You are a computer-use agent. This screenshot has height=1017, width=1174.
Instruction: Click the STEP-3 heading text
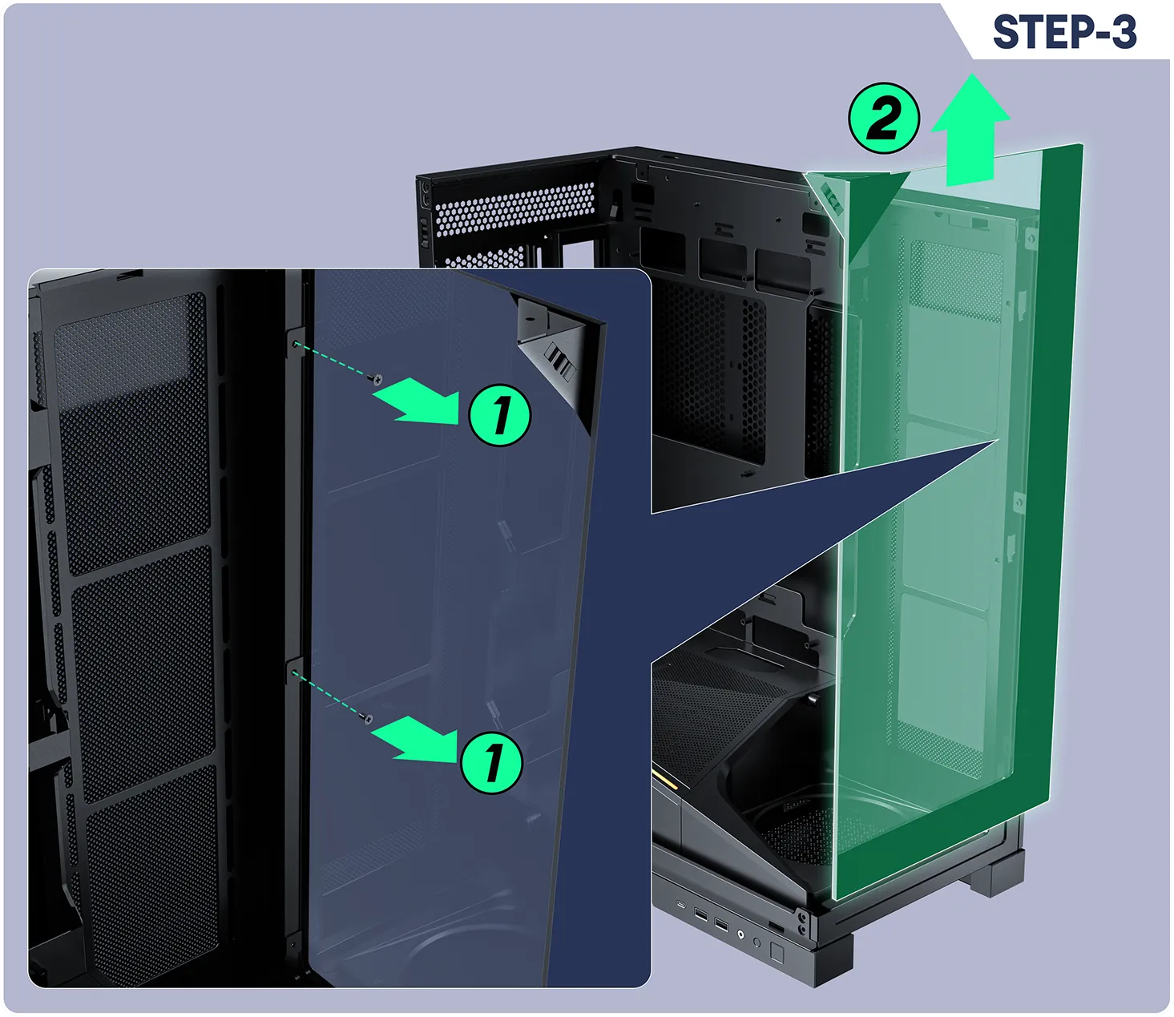[1064, 32]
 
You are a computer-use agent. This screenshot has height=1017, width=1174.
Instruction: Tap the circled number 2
[884, 118]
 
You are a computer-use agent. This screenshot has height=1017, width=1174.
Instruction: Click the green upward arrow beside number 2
[970, 130]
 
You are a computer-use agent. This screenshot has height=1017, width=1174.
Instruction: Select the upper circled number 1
[500, 415]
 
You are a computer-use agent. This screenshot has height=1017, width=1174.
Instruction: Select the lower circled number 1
[491, 762]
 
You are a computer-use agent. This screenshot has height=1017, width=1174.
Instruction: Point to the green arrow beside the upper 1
[418, 402]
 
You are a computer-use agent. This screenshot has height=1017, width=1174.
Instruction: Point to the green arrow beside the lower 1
[414, 739]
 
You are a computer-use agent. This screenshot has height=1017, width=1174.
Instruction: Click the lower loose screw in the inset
[368, 719]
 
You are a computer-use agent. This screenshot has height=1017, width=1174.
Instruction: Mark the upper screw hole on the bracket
[296, 344]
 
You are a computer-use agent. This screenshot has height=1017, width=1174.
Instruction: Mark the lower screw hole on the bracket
[294, 674]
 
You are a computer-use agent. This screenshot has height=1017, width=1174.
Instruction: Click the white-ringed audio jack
[740, 933]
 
